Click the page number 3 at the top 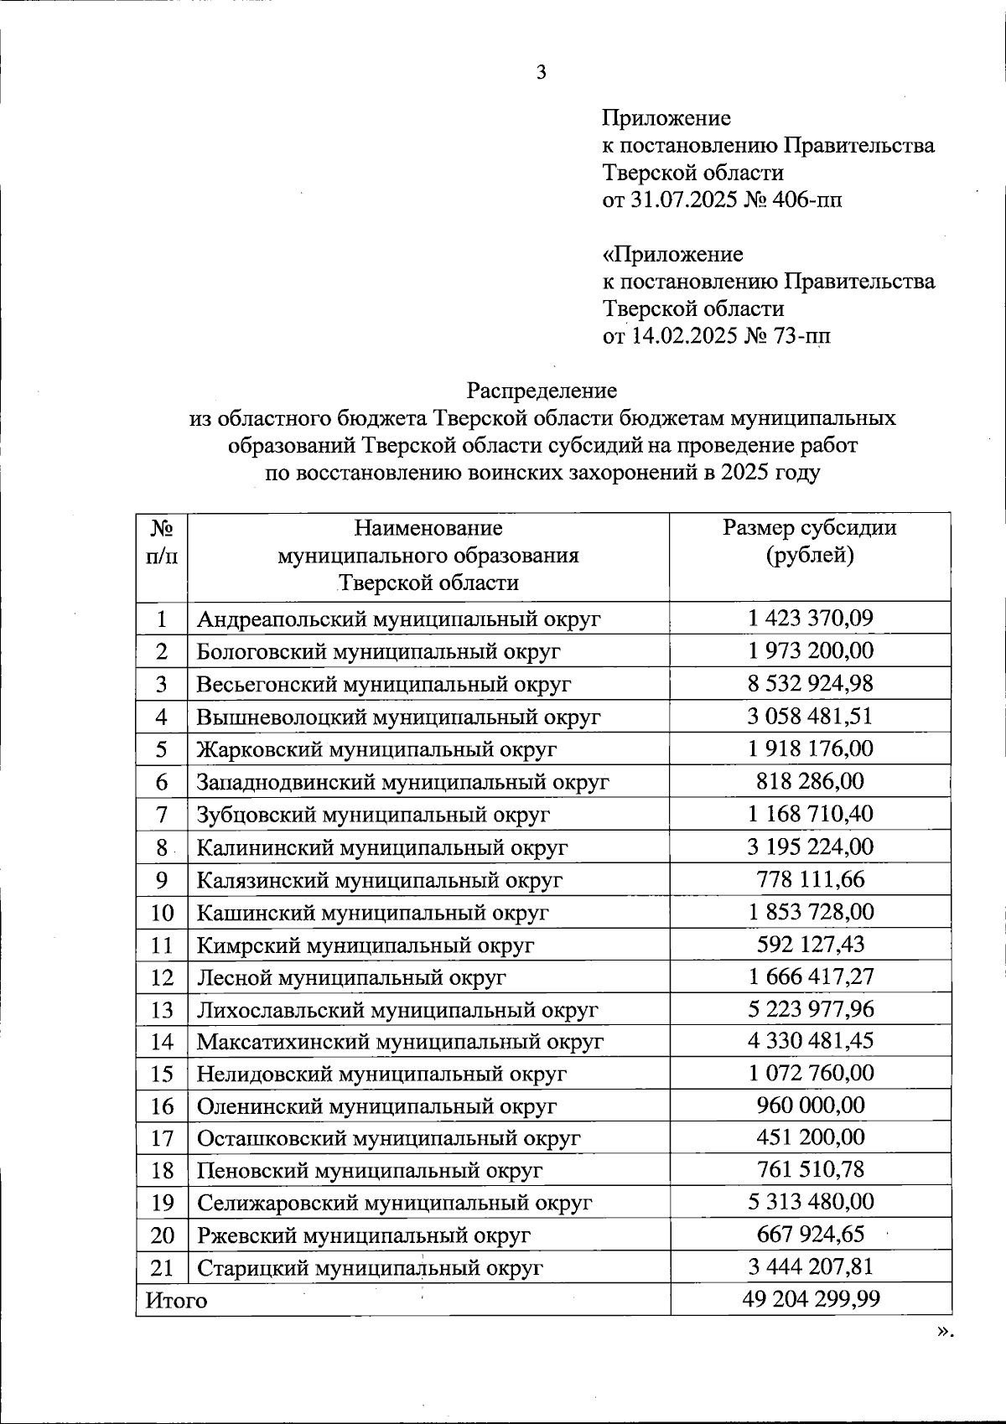541,73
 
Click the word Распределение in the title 542,391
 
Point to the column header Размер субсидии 810,528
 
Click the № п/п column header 162,541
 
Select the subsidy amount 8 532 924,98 810,683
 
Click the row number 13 162,1010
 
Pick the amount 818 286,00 810,781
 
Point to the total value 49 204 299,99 811,1299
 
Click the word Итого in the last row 176,1300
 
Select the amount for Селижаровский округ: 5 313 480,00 810,1202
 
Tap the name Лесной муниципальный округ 351,977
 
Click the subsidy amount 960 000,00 810,1105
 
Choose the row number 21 162,1267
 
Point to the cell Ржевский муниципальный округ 363,1235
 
